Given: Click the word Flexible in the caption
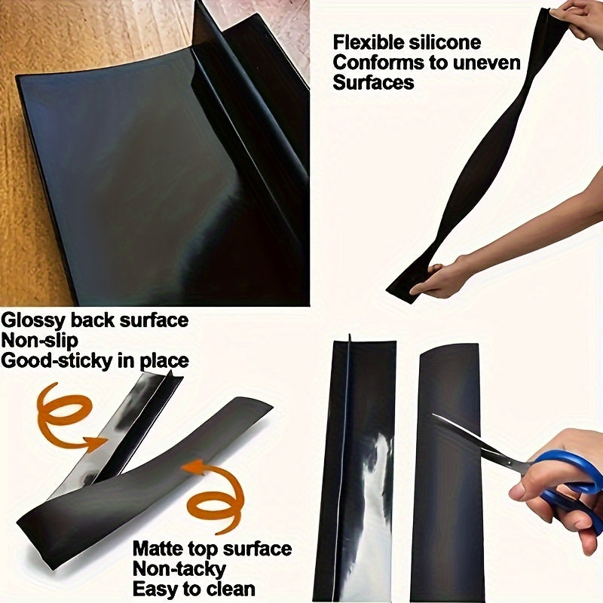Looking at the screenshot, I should point(366,42).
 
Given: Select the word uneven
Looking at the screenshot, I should point(483,63).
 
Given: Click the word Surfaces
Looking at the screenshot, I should point(373,83).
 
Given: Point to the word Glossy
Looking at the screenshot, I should point(32,320).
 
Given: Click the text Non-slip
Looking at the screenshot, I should point(39,341).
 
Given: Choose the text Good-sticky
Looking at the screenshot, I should point(57,361).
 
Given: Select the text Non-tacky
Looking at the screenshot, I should point(179,568).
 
